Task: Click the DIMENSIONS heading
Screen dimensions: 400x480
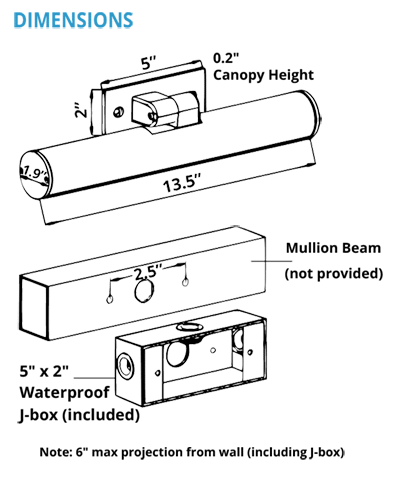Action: (73, 20)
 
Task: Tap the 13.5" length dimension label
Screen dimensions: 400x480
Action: (183, 183)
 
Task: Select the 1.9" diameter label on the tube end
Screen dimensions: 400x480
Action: (34, 173)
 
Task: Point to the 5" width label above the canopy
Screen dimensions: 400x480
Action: (149, 63)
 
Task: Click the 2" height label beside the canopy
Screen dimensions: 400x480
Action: (81, 110)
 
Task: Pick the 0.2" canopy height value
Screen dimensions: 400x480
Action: (227, 58)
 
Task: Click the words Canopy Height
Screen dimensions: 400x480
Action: (263, 75)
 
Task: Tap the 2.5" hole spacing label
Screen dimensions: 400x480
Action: (148, 273)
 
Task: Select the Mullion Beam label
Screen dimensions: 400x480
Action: (333, 248)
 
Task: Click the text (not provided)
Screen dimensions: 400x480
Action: (334, 274)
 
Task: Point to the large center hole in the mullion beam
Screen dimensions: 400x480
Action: (144, 290)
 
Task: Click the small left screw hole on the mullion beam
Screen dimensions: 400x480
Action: (109, 300)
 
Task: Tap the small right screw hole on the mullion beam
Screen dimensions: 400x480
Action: (185, 282)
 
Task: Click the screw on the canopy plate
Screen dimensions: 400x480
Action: (118, 112)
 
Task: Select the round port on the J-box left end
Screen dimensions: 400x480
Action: (125, 365)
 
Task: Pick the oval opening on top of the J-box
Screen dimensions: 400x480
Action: (189, 326)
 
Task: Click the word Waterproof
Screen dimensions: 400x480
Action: (65, 393)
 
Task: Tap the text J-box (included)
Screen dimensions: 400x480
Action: (79, 415)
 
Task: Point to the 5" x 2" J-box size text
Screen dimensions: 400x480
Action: (44, 371)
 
